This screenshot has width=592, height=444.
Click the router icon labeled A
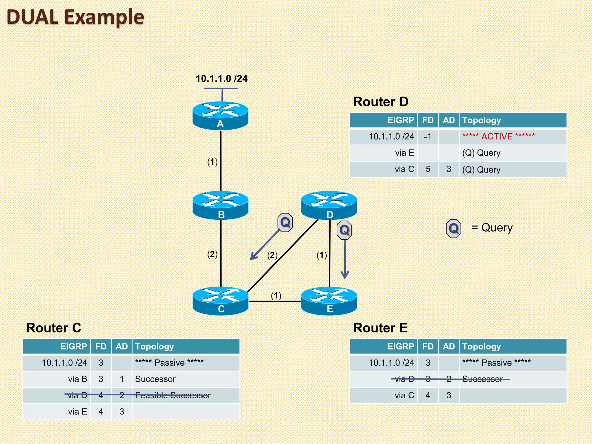coord(220,116)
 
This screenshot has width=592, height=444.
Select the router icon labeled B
coord(220,206)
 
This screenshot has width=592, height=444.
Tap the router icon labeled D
coord(329,206)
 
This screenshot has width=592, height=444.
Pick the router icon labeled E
coord(329,301)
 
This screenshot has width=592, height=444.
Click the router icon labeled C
coord(220,301)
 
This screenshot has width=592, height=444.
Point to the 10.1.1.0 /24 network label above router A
coord(221,79)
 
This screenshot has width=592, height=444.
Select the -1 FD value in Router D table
coord(428,136)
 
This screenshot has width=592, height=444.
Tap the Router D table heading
coord(380,102)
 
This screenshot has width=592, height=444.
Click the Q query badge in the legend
coord(453,228)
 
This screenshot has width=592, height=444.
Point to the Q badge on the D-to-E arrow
coord(344,230)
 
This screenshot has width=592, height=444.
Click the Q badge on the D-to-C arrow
coord(285,222)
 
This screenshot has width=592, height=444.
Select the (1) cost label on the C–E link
coord(276,295)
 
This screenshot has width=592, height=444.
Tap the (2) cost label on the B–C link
coord(212,254)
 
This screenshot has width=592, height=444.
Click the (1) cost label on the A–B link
coord(212,162)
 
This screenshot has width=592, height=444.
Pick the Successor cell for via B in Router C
coord(155,379)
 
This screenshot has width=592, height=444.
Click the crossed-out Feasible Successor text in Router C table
coord(173,395)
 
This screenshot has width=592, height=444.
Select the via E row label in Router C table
coord(77,411)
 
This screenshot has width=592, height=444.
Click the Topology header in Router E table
coord(481,346)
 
